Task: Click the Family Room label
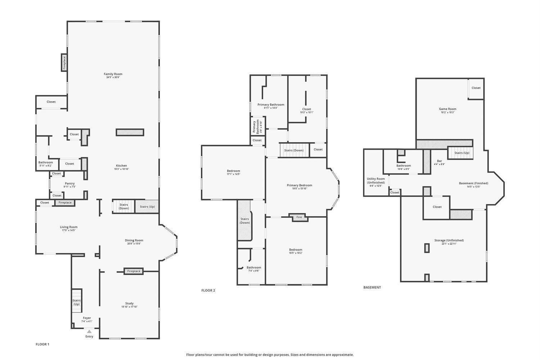pyautogui.click(x=113, y=74)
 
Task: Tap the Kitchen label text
pyautogui.click(x=121, y=166)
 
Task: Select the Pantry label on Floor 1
pyautogui.click(x=69, y=184)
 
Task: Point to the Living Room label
pyautogui.click(x=68, y=227)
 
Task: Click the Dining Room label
pyautogui.click(x=134, y=240)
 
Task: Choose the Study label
pyautogui.click(x=129, y=303)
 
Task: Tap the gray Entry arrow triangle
pyautogui.click(x=89, y=332)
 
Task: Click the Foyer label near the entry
pyautogui.click(x=87, y=318)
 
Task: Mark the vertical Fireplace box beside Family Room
pyautogui.click(x=64, y=63)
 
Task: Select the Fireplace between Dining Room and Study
pyautogui.click(x=134, y=271)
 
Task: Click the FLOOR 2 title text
pyautogui.click(x=208, y=291)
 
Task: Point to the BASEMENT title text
pyautogui.click(x=372, y=287)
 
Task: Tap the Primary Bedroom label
pyautogui.click(x=299, y=185)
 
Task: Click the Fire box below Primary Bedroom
pyautogui.click(x=299, y=217)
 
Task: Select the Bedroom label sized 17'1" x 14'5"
pyautogui.click(x=233, y=171)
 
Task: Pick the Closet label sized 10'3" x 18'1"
pyautogui.click(x=306, y=109)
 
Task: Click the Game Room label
pyautogui.click(x=447, y=109)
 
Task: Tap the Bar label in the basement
pyautogui.click(x=439, y=161)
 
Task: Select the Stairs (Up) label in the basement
pyautogui.click(x=462, y=153)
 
